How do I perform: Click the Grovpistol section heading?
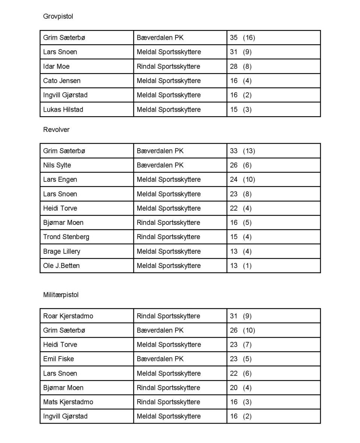[x=58, y=16]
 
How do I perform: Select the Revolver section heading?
[x=56, y=130]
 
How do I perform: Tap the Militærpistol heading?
[x=61, y=295]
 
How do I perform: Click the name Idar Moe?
[x=56, y=66]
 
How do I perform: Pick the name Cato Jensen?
[x=61, y=81]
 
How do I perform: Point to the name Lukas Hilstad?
[x=63, y=109]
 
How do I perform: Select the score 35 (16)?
[x=242, y=37]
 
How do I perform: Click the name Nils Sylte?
[x=57, y=165]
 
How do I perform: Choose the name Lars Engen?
[x=60, y=180]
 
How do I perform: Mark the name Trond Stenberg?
[x=66, y=237]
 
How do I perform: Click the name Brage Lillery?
[x=61, y=251]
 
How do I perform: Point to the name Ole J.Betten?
[x=61, y=266]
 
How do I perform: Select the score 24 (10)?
[x=242, y=180]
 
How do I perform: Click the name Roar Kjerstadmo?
[x=68, y=316]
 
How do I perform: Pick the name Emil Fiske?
[x=58, y=359]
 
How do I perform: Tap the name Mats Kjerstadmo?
[x=68, y=402]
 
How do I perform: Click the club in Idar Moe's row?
[x=168, y=66]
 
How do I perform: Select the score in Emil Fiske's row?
[x=241, y=359]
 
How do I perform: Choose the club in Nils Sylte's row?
[x=160, y=165]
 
